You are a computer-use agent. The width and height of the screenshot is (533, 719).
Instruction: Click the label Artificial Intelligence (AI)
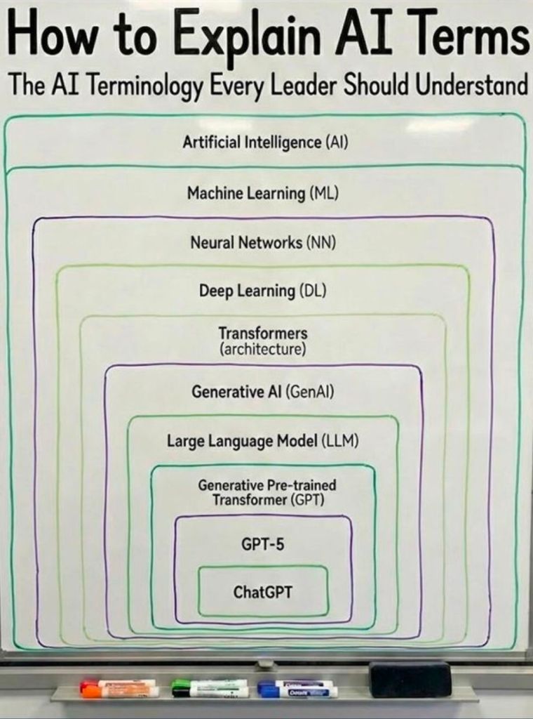(266, 143)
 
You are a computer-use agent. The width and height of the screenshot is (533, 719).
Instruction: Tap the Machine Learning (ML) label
(263, 192)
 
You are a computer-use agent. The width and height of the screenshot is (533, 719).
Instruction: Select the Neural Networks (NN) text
(263, 243)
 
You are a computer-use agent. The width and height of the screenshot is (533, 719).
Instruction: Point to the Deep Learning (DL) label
(263, 290)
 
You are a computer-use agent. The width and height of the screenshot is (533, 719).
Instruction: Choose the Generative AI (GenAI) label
(263, 392)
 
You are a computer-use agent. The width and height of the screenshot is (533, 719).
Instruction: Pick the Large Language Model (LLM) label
(263, 441)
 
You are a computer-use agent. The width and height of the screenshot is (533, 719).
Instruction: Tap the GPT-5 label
(263, 543)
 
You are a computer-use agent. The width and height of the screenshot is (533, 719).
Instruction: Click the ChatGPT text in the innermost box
(263, 592)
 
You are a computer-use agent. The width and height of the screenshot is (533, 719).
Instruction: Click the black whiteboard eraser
(410, 679)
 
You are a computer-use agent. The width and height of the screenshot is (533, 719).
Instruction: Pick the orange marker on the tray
(119, 692)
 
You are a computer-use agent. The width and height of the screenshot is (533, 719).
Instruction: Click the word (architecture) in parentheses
(263, 349)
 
